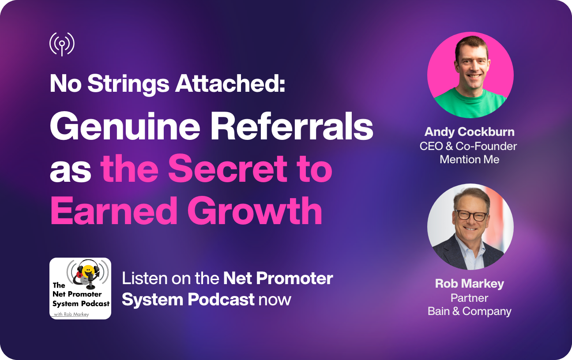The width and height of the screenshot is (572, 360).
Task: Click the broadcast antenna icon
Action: [62, 44]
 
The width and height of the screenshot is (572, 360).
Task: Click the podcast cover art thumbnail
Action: [80, 289]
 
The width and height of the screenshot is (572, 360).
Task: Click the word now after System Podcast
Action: [275, 299]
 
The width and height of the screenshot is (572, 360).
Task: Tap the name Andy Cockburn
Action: [469, 131]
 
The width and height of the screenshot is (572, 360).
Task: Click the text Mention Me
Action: [469, 159]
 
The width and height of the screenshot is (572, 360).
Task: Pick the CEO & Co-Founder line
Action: [468, 146]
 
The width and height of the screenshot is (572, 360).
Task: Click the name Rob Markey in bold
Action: [469, 283]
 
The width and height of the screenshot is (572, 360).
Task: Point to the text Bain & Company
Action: [469, 311]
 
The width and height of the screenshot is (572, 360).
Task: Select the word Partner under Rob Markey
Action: [469, 297]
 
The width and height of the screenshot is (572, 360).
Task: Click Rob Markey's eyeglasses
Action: [471, 215]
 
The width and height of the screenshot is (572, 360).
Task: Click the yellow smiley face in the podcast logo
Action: [89, 269]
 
